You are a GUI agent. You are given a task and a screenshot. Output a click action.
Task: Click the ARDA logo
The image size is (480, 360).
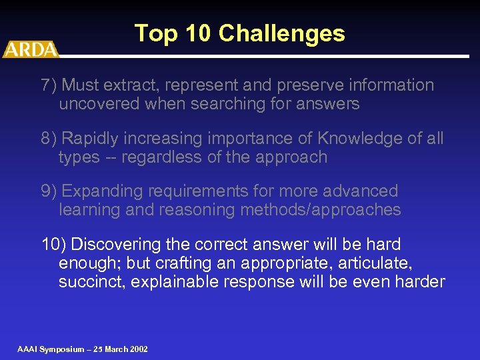[30, 49]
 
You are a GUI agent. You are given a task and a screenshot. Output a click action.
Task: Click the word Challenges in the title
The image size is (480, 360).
[281, 33]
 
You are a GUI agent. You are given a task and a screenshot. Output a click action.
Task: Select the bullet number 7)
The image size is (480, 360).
[50, 85]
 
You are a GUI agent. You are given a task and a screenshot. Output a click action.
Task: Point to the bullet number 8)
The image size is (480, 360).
[50, 139]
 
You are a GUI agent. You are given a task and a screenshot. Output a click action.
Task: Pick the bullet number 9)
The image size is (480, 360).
[50, 191]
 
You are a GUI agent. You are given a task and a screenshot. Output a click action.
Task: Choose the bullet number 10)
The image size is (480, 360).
[54, 245]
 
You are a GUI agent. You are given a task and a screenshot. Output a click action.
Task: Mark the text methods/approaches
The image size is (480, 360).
[319, 210]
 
